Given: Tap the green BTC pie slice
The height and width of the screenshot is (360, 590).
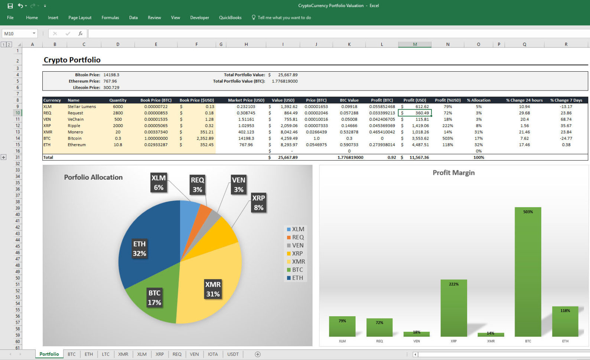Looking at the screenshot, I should point(152,301).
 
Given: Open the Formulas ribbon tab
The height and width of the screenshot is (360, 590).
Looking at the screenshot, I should point(110,17).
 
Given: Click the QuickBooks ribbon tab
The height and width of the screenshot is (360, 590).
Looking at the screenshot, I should point(230,17).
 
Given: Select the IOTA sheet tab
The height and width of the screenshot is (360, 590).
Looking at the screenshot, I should point(213,354).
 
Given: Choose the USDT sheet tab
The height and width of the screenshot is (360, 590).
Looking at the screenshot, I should point(233,354).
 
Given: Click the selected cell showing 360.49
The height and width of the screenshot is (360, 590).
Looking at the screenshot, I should point(415,113).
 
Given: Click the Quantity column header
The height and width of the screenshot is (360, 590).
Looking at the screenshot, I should point(118,100).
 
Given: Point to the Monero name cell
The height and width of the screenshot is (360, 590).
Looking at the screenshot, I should point(75,132).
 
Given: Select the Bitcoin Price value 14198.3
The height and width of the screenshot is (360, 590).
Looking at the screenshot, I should point(111,75).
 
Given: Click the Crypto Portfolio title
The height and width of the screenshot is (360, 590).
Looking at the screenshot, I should point(72,60).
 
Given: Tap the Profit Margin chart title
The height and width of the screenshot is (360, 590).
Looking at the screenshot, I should point(453,173).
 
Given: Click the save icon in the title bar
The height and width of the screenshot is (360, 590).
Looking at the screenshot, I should point(10,6).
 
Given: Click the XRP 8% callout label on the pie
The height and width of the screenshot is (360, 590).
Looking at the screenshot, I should point(258,203).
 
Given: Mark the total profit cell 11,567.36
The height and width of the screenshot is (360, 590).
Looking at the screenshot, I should point(419,157).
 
